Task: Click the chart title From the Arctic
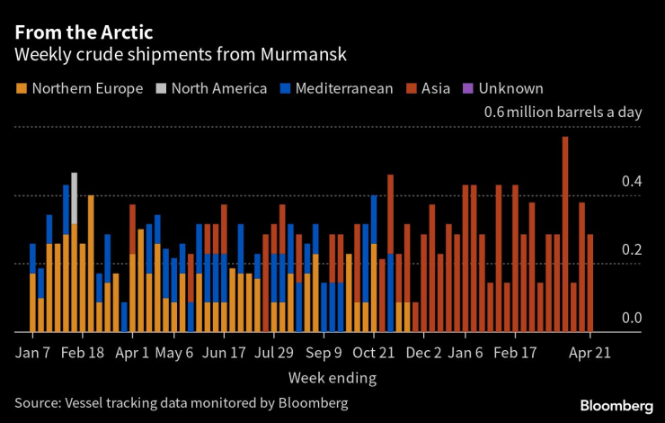point(84,31)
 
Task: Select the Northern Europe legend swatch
point(22,88)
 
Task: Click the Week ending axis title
point(332,376)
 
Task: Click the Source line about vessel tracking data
point(181,401)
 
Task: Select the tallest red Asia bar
point(564,234)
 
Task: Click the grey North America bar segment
point(75,197)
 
